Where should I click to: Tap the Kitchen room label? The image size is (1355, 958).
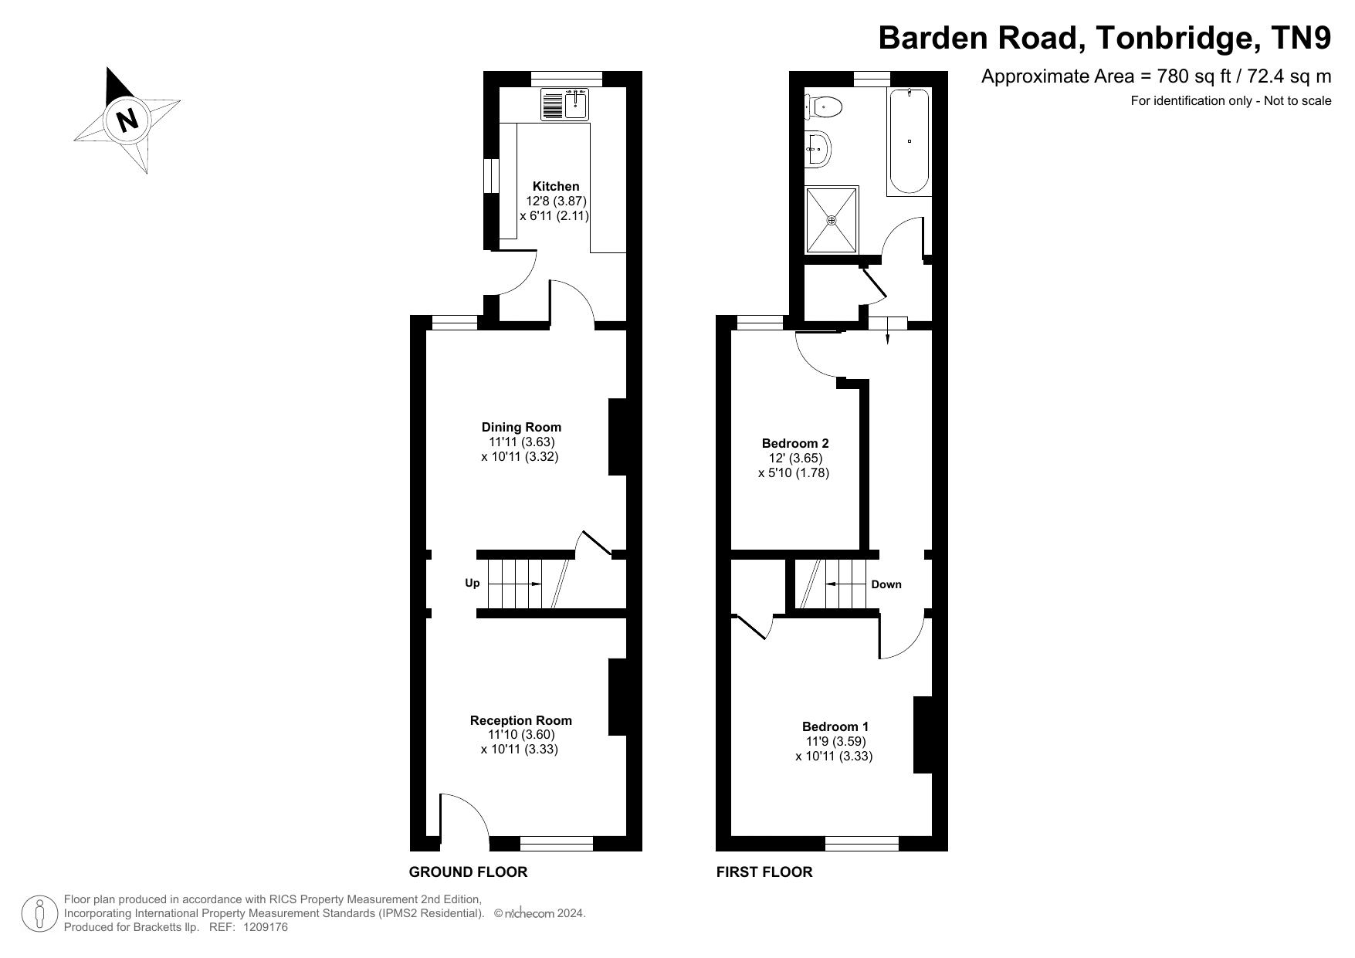556,186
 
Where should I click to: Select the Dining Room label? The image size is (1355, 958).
521,427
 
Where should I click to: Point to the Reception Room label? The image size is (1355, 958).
521,720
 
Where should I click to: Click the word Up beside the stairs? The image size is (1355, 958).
473,584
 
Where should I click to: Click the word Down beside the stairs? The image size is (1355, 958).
886,584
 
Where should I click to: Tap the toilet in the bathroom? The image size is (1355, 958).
823,107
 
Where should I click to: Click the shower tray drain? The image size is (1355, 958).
832,220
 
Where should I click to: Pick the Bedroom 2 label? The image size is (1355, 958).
795,443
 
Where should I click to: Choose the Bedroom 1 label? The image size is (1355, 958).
835,726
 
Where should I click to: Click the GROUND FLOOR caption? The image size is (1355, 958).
468,872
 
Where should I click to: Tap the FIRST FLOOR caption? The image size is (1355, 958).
764,872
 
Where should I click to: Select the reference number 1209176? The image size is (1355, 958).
265,927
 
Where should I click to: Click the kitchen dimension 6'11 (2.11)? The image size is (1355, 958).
554,215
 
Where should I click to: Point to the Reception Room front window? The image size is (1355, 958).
557,844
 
